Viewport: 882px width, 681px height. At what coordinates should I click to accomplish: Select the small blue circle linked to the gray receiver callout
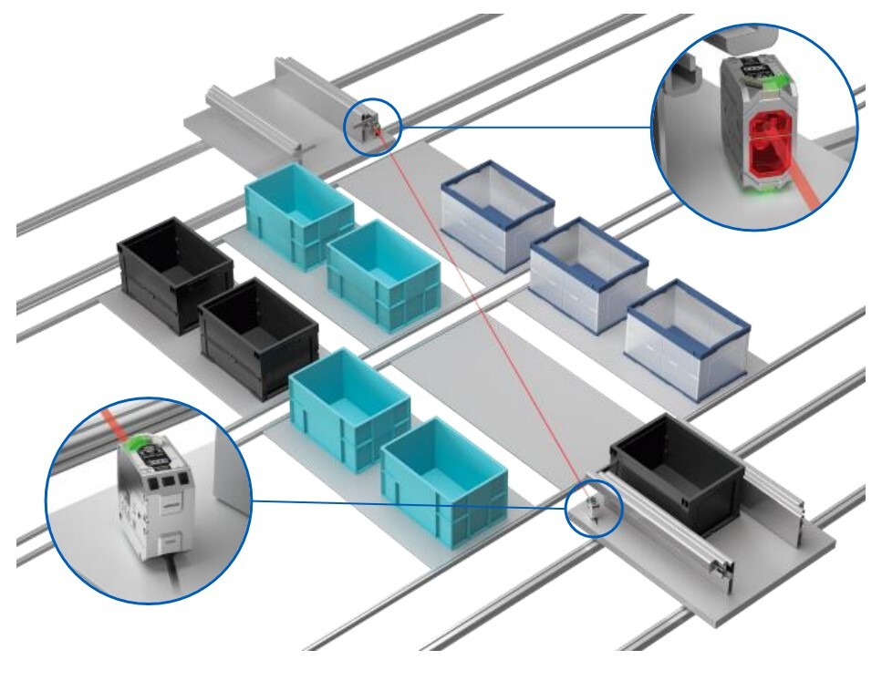point(594,506)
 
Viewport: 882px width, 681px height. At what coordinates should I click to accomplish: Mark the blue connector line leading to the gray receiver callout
point(410,502)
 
